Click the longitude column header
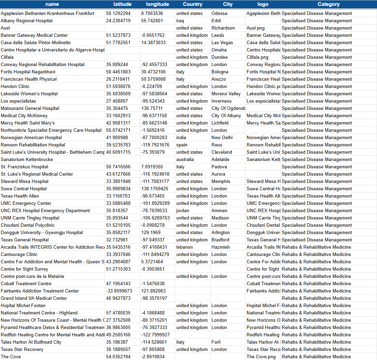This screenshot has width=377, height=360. (x=158, y=4)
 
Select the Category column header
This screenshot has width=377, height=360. (x=328, y=4)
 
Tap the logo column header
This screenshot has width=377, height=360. (x=263, y=4)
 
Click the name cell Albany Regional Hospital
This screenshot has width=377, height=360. (x=27, y=21)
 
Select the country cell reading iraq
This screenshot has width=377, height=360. (x=181, y=21)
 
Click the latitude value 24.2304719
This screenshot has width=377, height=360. (x=118, y=21)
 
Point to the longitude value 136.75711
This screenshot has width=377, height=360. (x=152, y=108)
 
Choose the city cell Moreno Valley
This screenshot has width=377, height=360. (x=226, y=94)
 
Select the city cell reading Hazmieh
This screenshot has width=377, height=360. (x=220, y=247)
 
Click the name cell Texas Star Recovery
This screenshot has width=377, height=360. (x=22, y=349)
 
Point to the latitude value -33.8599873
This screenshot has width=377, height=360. (x=119, y=291)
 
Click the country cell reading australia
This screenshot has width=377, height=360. (x=185, y=159)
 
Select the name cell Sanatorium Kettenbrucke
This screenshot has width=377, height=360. (x=27, y=159)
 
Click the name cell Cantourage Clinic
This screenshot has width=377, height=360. (x=19, y=254)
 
